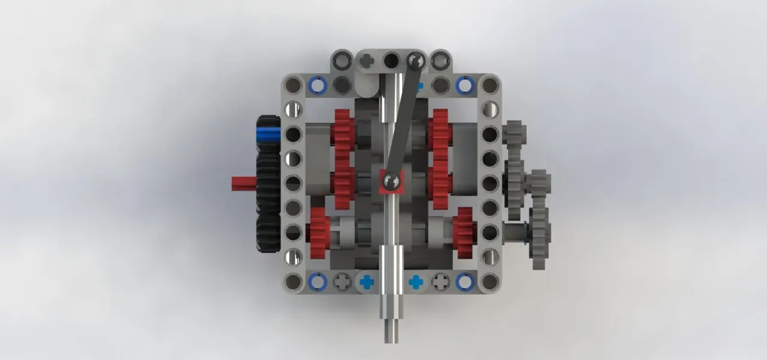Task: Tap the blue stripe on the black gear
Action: point(268,132)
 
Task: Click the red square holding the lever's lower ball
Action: point(391,181)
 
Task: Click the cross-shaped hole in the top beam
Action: point(367,60)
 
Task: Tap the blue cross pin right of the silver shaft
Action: point(416,282)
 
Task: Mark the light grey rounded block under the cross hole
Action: point(367,84)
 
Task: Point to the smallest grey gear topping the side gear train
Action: point(514,133)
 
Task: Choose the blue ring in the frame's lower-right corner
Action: point(464,282)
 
